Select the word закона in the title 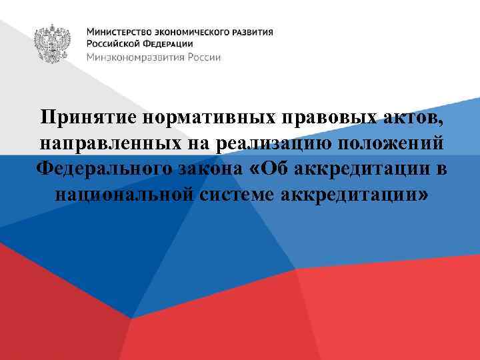(211, 169)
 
